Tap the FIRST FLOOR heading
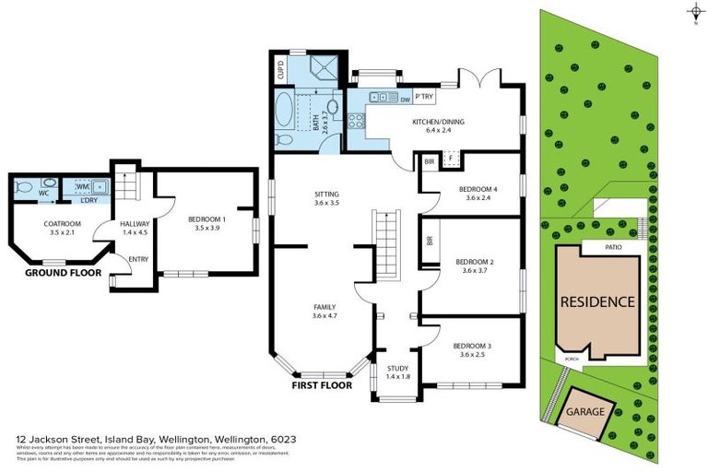coord(322,388)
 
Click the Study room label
coord(397,368)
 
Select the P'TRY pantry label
coord(424,97)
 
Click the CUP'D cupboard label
coord(282,67)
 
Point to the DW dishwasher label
coord(405,97)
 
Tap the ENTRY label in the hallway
coord(139,259)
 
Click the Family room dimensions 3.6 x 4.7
coord(324,316)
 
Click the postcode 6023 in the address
coord(282,440)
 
